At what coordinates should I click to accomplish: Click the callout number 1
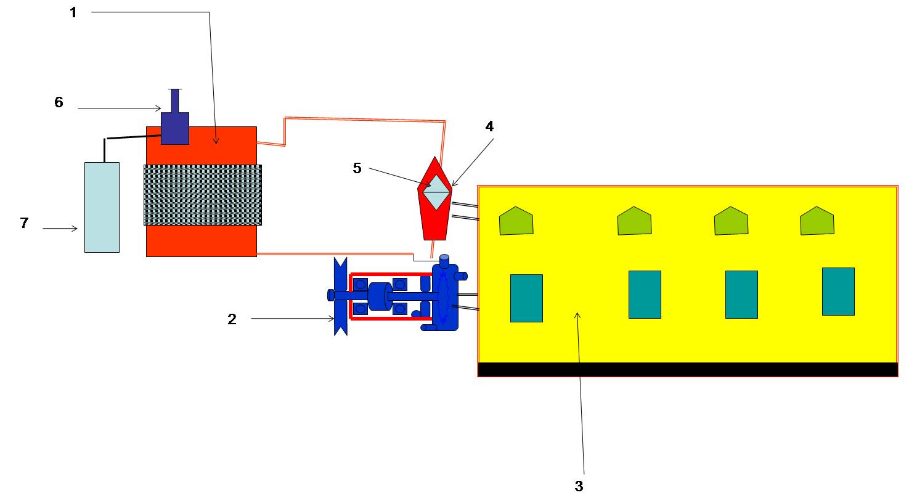click(73, 12)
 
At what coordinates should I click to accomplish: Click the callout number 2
click(232, 319)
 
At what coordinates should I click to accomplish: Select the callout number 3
click(579, 486)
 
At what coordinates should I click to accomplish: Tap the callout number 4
click(489, 126)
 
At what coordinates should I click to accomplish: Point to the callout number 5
click(357, 168)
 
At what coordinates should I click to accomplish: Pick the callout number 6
click(59, 102)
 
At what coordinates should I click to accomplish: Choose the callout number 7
click(24, 223)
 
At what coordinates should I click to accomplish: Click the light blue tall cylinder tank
click(102, 207)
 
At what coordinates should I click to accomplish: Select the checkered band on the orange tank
click(202, 195)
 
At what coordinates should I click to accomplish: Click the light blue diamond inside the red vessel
click(436, 192)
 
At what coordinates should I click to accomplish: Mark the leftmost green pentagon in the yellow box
click(516, 221)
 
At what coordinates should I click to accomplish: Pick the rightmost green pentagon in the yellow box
click(817, 221)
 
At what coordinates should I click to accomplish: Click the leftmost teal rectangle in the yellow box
click(526, 298)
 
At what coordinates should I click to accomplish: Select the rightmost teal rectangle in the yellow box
click(838, 292)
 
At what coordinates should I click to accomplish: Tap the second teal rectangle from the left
click(645, 295)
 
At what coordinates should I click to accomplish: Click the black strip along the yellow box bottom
click(688, 369)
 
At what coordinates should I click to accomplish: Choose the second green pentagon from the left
click(635, 221)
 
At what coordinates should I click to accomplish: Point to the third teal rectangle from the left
click(741, 295)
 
